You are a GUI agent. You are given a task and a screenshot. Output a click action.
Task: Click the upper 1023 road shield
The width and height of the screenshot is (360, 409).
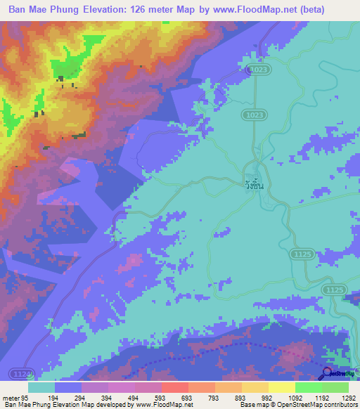(259, 70)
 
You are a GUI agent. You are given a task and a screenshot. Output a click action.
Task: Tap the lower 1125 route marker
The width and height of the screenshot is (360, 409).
(333, 290)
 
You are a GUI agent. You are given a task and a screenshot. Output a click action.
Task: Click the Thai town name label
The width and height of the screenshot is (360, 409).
(255, 186)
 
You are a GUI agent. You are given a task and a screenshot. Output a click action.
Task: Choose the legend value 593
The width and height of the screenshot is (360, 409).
(160, 397)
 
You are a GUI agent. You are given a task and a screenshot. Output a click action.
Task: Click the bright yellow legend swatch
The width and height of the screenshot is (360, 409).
(281, 387)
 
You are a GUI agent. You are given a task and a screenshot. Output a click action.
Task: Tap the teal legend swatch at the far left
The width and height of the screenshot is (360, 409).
(41, 387)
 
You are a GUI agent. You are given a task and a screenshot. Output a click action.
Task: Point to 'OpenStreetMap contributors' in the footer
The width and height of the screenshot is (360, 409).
(316, 405)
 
